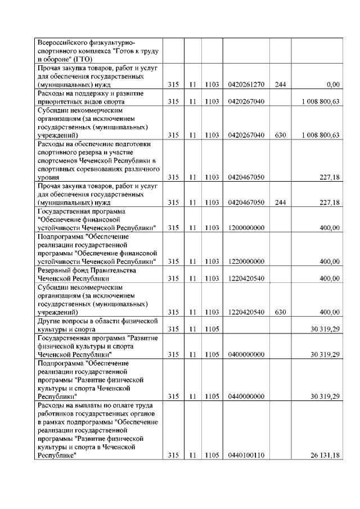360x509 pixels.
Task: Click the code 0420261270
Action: point(247,84)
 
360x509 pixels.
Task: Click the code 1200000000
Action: point(247,228)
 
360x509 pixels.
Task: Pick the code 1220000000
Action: point(247,262)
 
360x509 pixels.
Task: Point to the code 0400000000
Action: point(247,354)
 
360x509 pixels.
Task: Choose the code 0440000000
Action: point(247,397)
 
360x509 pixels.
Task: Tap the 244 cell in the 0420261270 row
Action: point(280,84)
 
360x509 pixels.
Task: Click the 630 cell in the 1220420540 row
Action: point(280,312)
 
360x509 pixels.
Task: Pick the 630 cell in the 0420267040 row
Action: point(280,135)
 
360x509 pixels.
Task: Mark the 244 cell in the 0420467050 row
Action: point(280,202)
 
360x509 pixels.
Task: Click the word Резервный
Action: point(55,270)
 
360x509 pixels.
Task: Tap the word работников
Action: point(56,413)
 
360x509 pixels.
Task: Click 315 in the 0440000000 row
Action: point(173,397)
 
